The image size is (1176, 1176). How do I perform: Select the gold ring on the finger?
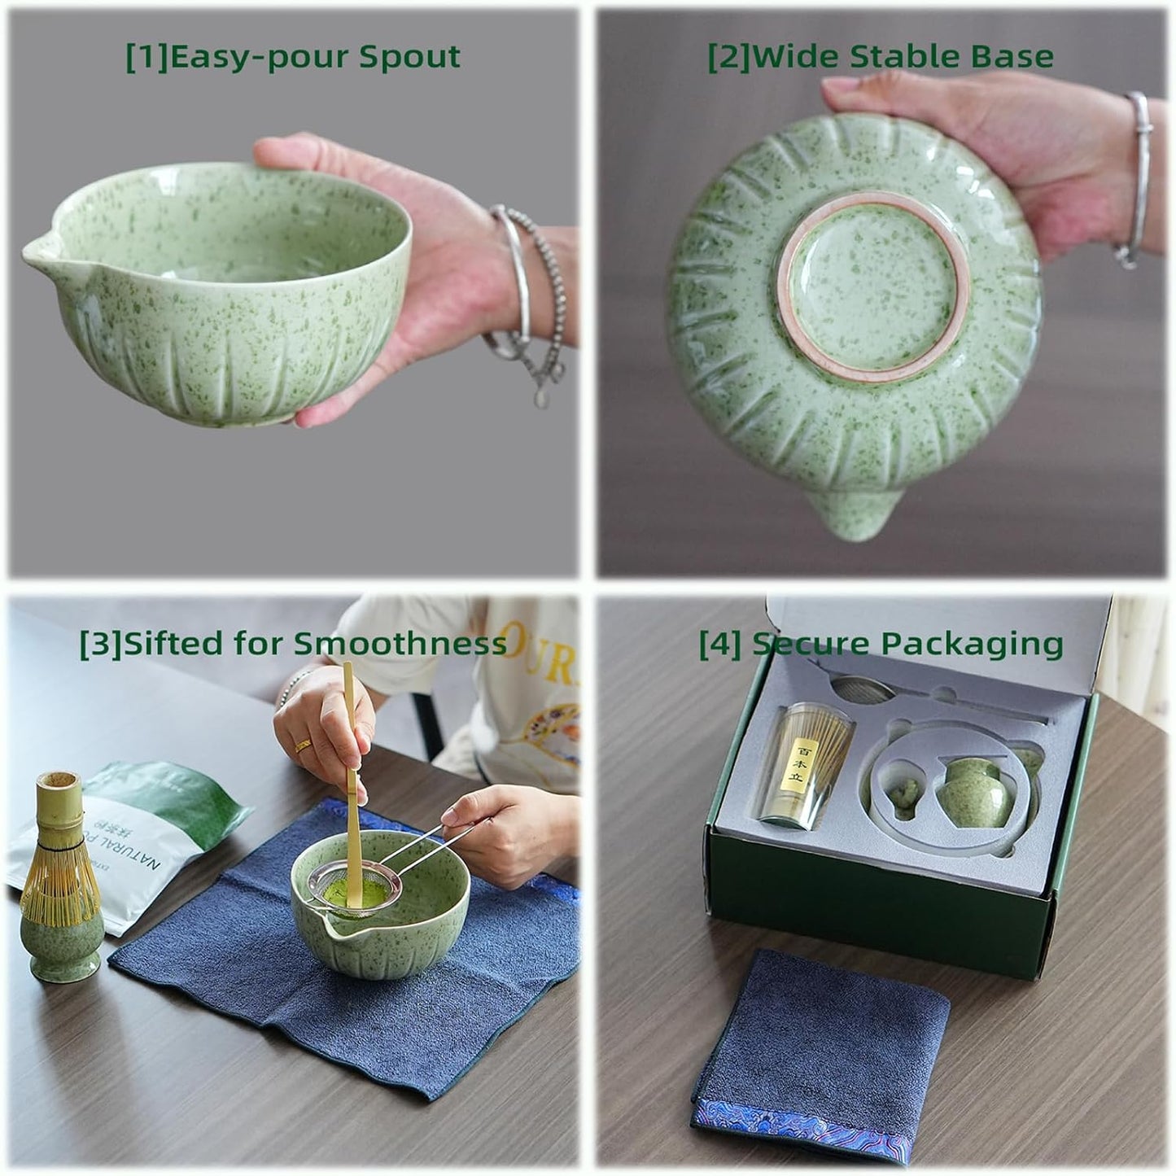(303, 745)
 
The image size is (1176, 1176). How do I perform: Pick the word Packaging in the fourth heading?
(973, 644)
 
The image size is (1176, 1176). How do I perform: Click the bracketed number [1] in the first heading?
(146, 57)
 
